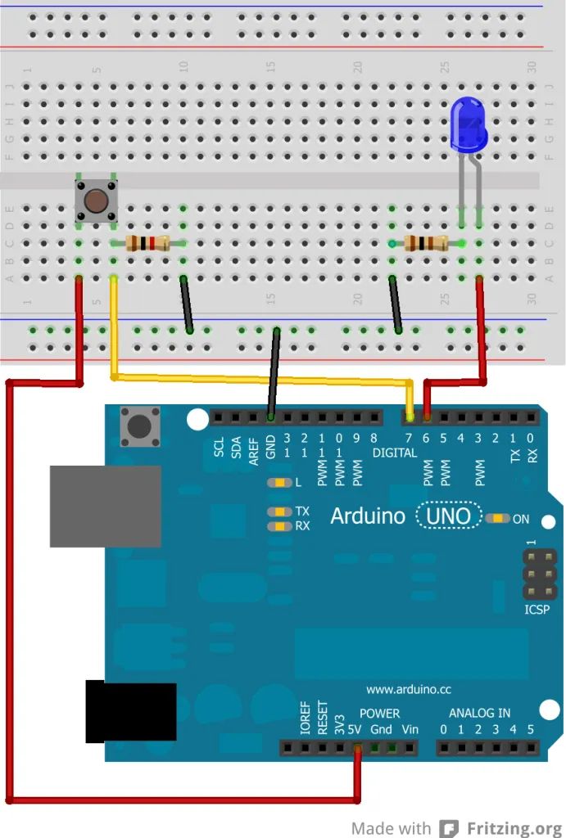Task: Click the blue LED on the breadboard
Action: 469,124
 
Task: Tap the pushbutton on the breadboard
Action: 96,200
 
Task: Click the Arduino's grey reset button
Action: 140,426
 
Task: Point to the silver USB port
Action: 105,506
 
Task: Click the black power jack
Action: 131,710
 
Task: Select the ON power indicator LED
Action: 497,518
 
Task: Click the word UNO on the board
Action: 451,516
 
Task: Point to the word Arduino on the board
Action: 368,516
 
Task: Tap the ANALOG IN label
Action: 479,713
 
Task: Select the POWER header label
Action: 379,713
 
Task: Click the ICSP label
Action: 537,610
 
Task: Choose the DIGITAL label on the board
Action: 396,453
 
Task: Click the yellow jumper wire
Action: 262,378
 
